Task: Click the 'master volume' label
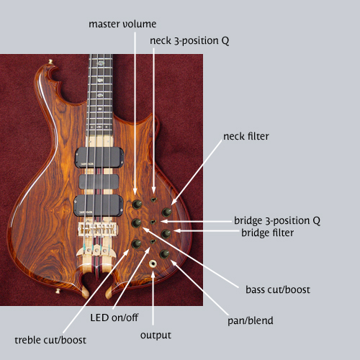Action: tap(122, 24)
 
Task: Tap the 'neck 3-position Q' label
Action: tap(189, 40)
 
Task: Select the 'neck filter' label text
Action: tap(246, 136)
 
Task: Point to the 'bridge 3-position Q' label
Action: tap(277, 220)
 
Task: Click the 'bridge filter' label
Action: tap(267, 233)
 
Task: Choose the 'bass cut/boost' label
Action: tap(278, 289)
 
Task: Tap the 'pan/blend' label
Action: tap(251, 320)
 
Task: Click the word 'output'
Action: tap(156, 336)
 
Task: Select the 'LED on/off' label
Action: tap(114, 318)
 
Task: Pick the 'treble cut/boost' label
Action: tap(50, 340)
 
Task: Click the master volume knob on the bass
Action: tap(137, 204)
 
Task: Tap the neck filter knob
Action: tap(166, 212)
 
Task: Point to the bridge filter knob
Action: tap(166, 233)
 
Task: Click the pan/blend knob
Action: tap(164, 254)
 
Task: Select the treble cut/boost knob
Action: tap(136, 244)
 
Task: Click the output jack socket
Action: tap(153, 264)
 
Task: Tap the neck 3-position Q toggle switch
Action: tap(153, 199)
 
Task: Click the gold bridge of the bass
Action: tap(98, 229)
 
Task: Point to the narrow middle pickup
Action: tap(99, 181)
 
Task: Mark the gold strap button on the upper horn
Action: tap(50, 62)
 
